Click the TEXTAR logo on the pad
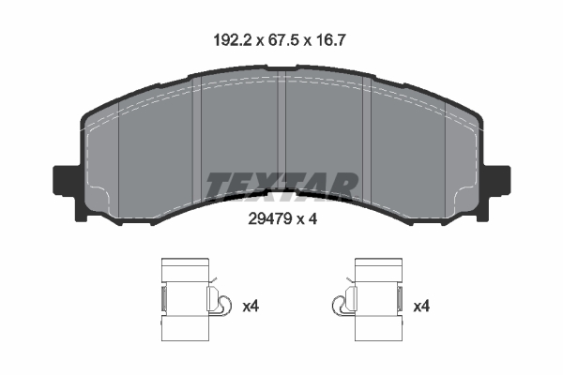coord(281,186)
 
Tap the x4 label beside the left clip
coord(251,306)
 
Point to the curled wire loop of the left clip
coord(221,302)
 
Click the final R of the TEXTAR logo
coord(345,186)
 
